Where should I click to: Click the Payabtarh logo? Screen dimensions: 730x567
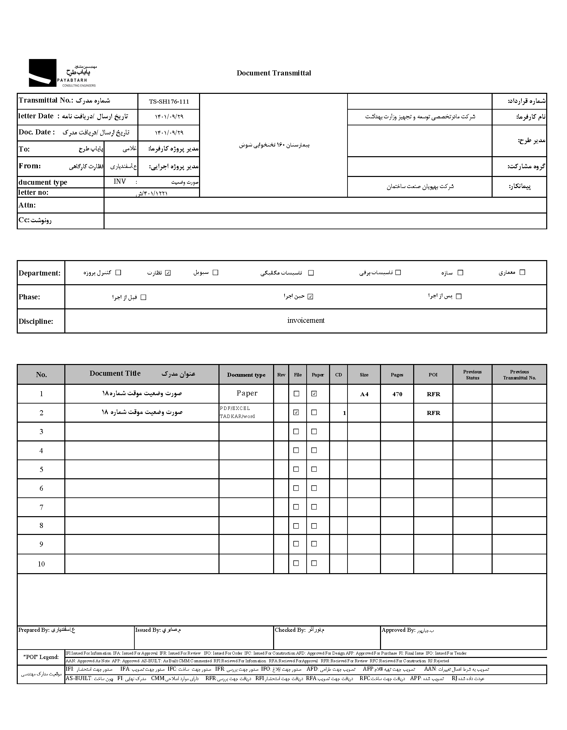[x=62, y=73]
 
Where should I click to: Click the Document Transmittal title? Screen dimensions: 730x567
[x=273, y=73]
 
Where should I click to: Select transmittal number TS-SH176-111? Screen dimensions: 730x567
[x=169, y=102]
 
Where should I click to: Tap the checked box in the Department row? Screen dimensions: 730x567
[x=168, y=273]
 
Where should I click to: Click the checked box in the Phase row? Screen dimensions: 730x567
[x=310, y=297]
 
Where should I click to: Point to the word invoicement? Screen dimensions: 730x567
[x=306, y=320]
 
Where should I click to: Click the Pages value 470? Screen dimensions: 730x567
[x=397, y=394]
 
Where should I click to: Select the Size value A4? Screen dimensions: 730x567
[x=364, y=394]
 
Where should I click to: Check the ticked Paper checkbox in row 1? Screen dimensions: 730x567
[x=314, y=394]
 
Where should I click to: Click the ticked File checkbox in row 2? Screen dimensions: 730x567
[x=296, y=413]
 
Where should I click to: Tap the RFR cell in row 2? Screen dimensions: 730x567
[x=433, y=413]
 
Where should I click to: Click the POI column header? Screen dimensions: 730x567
[x=433, y=375]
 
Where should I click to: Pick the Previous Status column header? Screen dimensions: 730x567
[x=472, y=375]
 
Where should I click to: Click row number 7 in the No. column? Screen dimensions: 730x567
[x=41, y=507]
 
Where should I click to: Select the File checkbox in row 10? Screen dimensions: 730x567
[x=296, y=563]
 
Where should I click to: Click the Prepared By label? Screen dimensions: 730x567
[x=34, y=630]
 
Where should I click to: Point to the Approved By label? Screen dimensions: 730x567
[x=398, y=630]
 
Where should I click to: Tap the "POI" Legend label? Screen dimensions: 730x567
[x=41, y=657]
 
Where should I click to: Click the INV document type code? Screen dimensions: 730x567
[x=120, y=182]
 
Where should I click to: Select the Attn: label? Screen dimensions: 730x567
[x=27, y=205]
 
